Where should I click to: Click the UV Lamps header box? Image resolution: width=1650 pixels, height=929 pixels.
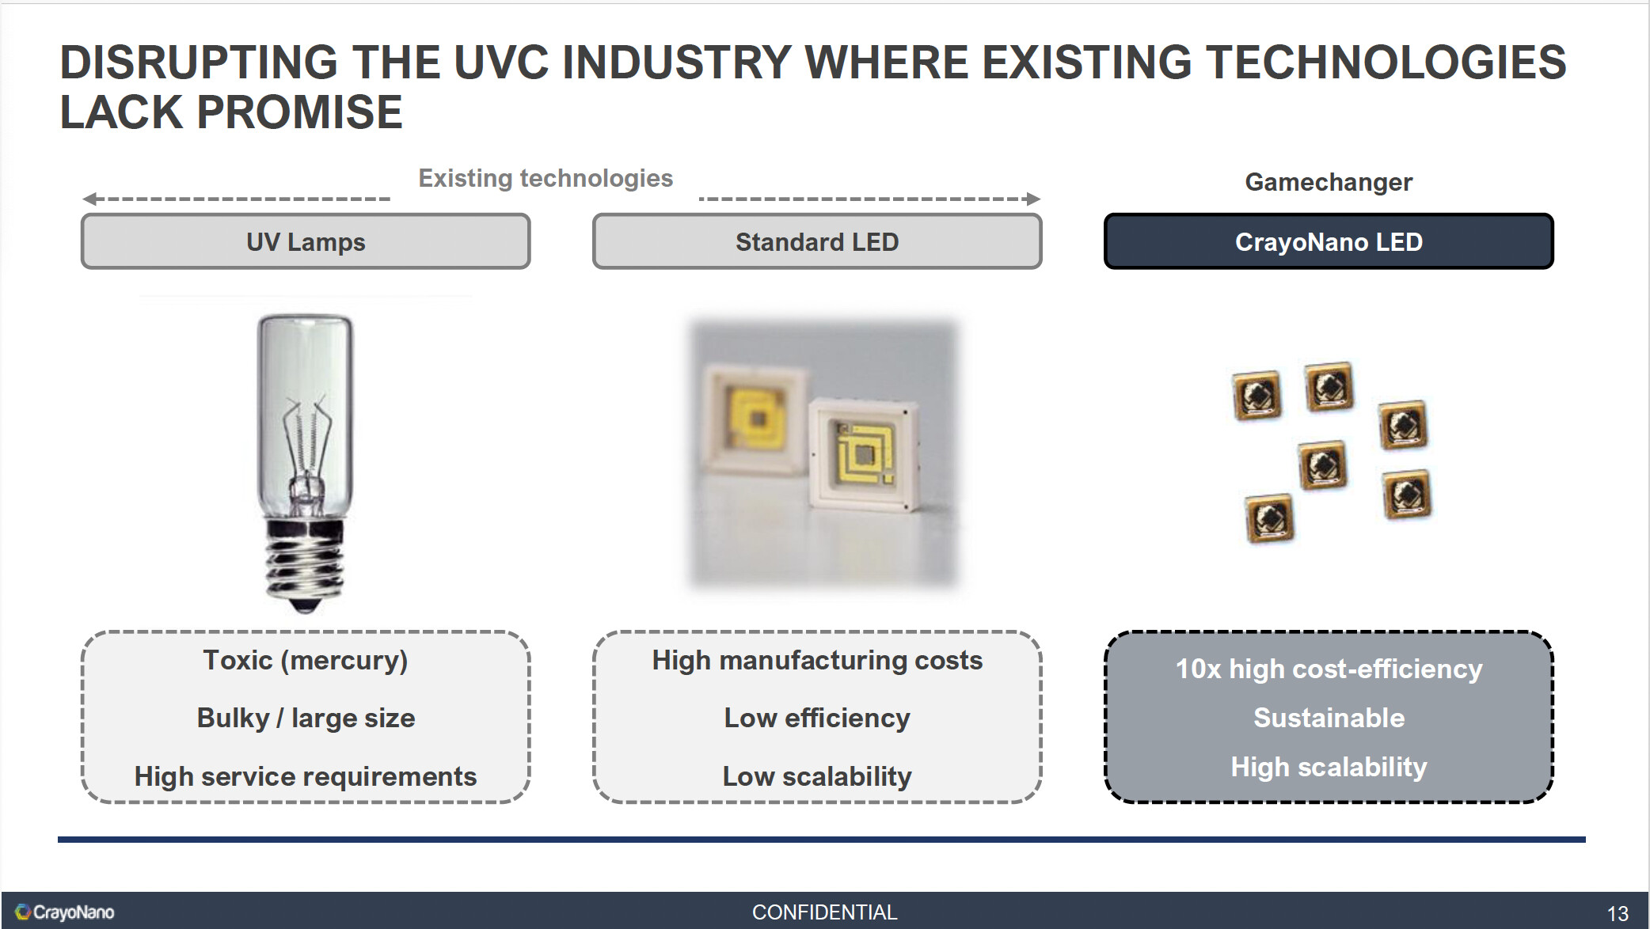306,241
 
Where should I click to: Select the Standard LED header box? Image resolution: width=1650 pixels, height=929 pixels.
817,241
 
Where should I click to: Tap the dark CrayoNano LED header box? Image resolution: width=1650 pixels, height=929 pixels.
1329,241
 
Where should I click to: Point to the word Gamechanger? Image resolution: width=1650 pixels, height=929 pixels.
1329,182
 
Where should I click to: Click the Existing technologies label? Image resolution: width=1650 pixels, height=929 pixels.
546,178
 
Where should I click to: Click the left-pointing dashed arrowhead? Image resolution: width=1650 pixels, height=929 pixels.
89,199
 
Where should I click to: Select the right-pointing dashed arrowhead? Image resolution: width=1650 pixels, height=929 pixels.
1033,199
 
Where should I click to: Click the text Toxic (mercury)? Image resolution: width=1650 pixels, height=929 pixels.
306,660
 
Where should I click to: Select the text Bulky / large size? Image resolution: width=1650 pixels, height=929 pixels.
306,718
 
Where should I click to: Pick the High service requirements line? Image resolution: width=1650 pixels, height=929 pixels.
306,776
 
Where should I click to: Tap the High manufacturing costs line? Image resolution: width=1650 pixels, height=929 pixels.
817,660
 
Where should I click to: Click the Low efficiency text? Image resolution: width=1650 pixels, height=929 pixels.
817,718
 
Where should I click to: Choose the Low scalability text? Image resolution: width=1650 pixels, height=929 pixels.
817,776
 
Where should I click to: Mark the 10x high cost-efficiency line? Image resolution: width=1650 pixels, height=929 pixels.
1329,669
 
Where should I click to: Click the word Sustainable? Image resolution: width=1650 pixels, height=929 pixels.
1329,718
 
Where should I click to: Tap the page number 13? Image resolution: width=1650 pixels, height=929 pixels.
1618,914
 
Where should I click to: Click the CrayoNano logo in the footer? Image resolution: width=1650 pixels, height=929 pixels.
65,912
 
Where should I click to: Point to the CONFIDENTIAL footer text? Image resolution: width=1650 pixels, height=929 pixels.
824,912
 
